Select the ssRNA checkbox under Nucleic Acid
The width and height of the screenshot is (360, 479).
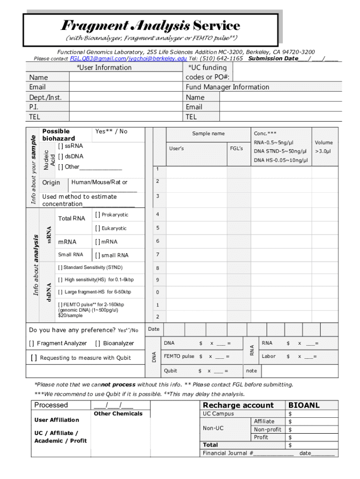pyautogui.click(x=61, y=146)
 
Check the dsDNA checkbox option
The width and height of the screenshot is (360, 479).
pyautogui.click(x=61, y=157)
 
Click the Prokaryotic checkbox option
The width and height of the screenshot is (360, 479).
pyautogui.click(x=97, y=215)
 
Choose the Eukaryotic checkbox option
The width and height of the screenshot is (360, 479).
pyautogui.click(x=97, y=228)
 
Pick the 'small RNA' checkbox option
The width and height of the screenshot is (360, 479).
pyautogui.click(x=97, y=255)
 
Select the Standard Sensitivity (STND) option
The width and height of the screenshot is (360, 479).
pyautogui.click(x=60, y=268)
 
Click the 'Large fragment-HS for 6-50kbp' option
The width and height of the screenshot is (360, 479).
pyautogui.click(x=60, y=292)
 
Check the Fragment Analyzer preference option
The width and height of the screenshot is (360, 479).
pyautogui.click(x=32, y=343)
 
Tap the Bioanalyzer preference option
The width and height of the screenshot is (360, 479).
pyautogui.click(x=98, y=343)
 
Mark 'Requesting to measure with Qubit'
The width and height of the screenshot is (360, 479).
pyautogui.click(x=34, y=358)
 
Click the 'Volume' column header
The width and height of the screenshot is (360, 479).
pyautogui.click(x=324, y=143)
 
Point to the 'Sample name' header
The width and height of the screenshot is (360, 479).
pyautogui.click(x=208, y=134)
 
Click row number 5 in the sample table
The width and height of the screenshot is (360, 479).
pyautogui.click(x=158, y=228)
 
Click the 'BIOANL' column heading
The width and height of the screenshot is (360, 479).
pyautogui.click(x=304, y=406)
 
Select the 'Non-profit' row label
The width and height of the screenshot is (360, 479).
pyautogui.click(x=267, y=429)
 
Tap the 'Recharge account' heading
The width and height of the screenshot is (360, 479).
pyautogui.click(x=238, y=406)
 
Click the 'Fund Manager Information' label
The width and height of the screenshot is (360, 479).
pyautogui.click(x=227, y=87)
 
